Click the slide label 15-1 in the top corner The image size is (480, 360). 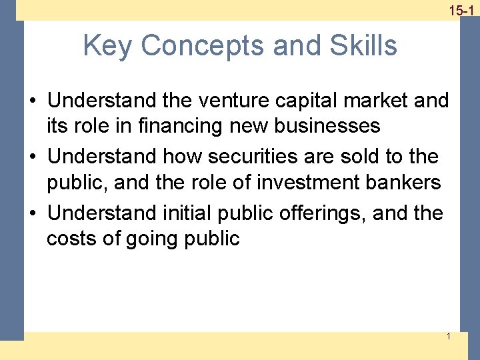(461, 11)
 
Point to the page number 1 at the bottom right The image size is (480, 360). (449, 336)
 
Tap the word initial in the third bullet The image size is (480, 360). (185, 213)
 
